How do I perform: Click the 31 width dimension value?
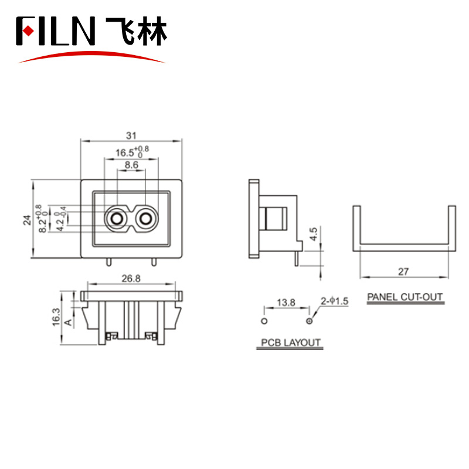[x=131, y=135]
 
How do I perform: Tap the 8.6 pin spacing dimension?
[x=131, y=166]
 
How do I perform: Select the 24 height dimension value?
[x=27, y=220]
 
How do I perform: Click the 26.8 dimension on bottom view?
[x=130, y=278]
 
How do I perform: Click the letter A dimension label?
[x=68, y=322]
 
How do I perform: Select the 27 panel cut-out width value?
[x=403, y=271]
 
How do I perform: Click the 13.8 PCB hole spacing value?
[x=286, y=303]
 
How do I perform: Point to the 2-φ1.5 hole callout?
[x=335, y=301]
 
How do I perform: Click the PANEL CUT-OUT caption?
[x=405, y=297]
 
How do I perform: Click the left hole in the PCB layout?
[x=264, y=321]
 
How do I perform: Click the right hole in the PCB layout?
[x=310, y=321]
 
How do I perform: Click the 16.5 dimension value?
[x=124, y=153]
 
